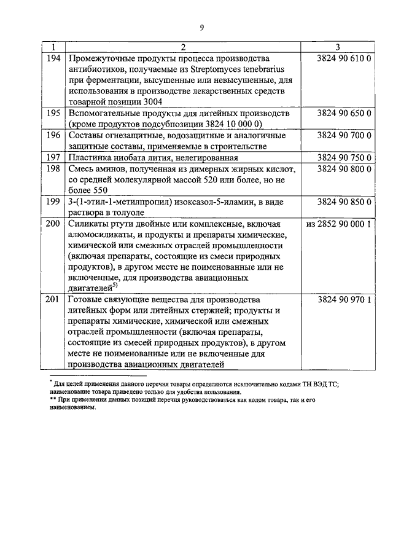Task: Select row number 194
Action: (x=53, y=58)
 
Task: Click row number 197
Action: (x=53, y=157)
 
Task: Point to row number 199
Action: (x=53, y=202)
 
